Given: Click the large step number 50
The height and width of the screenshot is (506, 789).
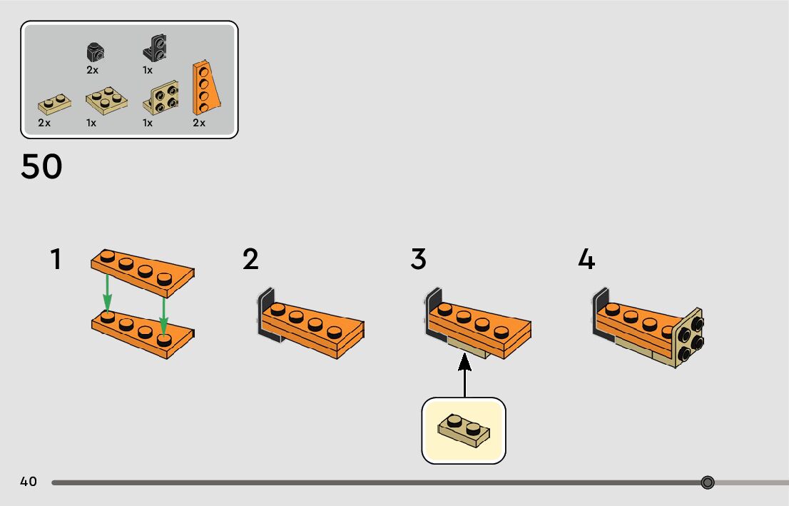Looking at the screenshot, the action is point(41,167).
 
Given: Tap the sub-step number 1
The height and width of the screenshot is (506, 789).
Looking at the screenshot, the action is point(56,259).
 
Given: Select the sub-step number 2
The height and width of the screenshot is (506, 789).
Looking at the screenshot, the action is point(250,259).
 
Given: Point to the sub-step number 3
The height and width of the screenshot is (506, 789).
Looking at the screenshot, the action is point(418,259).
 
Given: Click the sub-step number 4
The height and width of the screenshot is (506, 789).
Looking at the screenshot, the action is point(586,259).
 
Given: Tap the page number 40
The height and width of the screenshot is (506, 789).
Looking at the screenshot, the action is point(29,482).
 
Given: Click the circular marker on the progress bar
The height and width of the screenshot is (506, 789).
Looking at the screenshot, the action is point(708,482).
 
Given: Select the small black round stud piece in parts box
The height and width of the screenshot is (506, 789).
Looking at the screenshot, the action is point(94,52).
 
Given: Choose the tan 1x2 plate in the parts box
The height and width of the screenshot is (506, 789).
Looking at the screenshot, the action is point(54,105).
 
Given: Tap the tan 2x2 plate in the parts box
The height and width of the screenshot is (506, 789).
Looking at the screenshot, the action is point(106,101).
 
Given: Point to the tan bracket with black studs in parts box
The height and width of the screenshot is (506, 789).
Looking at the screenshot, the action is point(161,98).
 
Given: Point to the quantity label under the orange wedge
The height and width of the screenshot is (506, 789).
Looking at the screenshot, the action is point(198,123).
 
